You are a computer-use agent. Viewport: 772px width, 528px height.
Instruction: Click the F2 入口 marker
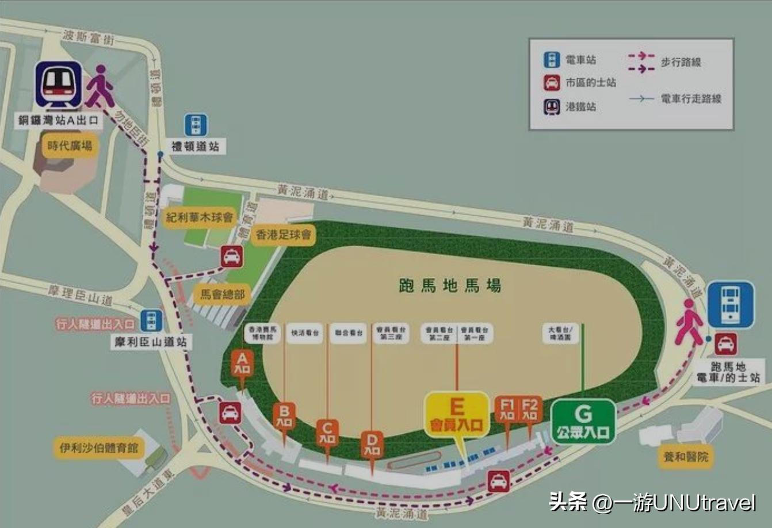pyautogui.click(x=530, y=410)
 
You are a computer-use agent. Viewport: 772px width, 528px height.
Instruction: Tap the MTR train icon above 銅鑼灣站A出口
pyautogui.click(x=59, y=85)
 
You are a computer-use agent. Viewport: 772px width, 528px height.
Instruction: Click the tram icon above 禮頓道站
pyautogui.click(x=196, y=125)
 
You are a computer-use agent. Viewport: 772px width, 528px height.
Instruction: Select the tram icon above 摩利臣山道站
pyautogui.click(x=151, y=320)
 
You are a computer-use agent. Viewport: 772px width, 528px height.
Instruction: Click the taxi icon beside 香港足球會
pyautogui.click(x=231, y=257)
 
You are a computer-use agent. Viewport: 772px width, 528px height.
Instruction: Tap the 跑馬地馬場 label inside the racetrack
pyautogui.click(x=450, y=285)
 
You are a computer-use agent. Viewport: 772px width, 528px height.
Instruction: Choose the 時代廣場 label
pyautogui.click(x=70, y=146)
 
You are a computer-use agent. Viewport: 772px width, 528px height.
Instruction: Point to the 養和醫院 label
pyautogui.click(x=685, y=457)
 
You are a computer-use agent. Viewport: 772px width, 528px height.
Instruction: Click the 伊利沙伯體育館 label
pyautogui.click(x=99, y=447)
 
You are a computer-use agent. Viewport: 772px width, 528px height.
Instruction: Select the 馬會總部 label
pyautogui.click(x=223, y=294)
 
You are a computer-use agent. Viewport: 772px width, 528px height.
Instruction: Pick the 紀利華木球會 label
pyautogui.click(x=200, y=217)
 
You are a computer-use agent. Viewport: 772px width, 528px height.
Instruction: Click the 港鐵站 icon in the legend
pyautogui.click(x=552, y=107)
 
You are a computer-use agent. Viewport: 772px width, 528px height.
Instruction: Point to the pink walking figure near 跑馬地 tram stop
pyautogui.click(x=689, y=322)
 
